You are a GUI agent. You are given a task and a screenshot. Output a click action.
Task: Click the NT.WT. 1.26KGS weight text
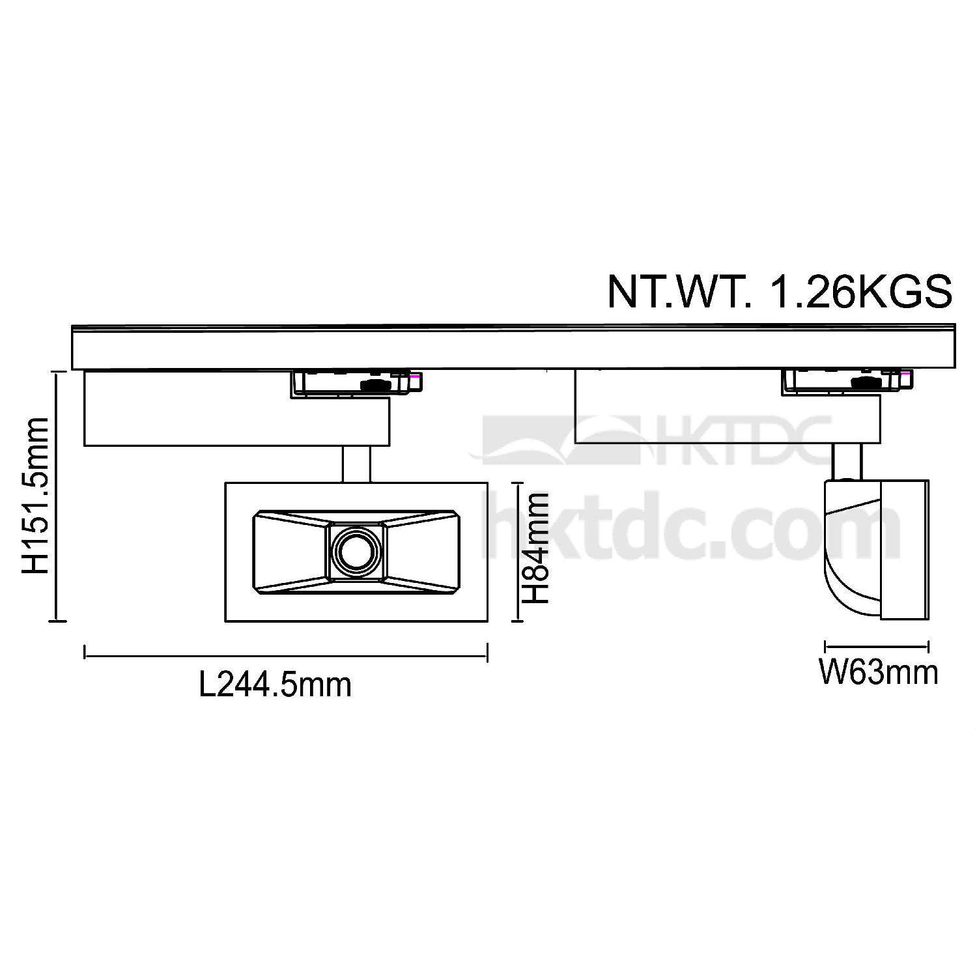pyautogui.click(x=779, y=292)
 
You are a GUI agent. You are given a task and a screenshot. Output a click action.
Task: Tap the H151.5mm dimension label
pyautogui.click(x=36, y=496)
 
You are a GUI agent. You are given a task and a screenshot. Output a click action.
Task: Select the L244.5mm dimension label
pyautogui.click(x=275, y=685)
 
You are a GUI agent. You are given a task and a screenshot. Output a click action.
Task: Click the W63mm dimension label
pyautogui.click(x=878, y=672)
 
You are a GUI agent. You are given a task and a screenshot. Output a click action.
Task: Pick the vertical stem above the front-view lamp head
pyautogui.click(x=356, y=464)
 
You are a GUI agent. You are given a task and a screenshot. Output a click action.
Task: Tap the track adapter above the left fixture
pyautogui.click(x=356, y=383)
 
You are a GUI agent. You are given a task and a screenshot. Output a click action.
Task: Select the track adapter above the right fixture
pyautogui.click(x=847, y=382)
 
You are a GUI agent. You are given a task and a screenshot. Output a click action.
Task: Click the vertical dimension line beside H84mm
pyautogui.click(x=517, y=552)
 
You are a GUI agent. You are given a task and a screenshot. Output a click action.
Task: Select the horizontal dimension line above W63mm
pyautogui.click(x=877, y=647)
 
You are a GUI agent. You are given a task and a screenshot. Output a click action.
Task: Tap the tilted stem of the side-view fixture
pyautogui.click(x=848, y=461)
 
